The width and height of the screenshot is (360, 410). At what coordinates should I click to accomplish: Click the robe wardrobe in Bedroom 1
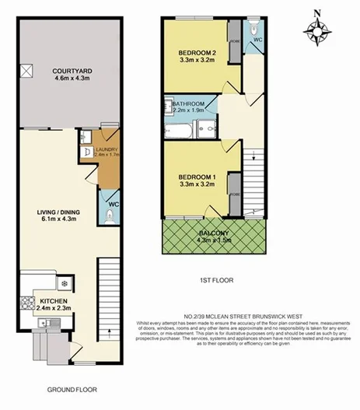tap(233, 198)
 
